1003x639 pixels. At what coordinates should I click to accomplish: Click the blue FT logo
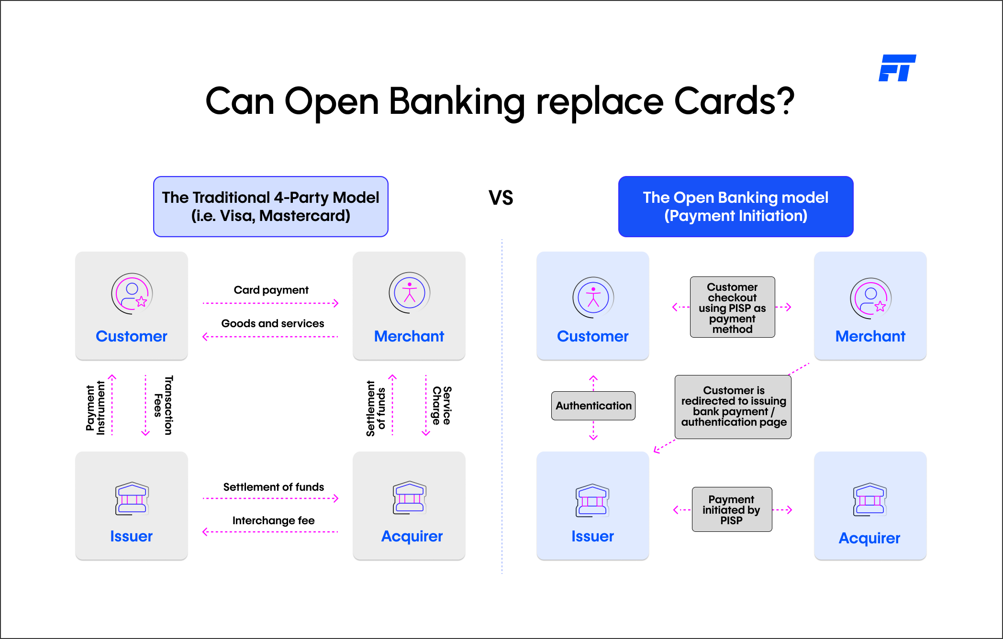897,68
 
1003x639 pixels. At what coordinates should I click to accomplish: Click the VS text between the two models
501,198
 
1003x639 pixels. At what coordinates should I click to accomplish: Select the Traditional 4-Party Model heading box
271,207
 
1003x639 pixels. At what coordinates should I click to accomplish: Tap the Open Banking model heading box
736,207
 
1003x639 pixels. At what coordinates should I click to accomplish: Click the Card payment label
271,290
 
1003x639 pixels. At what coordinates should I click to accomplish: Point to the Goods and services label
273,323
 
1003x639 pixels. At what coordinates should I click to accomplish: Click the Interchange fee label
274,520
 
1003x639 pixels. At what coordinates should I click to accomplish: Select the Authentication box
593,406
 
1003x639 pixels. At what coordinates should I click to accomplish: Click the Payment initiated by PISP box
732,509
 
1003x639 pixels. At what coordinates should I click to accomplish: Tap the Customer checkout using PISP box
733,307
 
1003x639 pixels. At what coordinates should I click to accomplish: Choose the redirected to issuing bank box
733,407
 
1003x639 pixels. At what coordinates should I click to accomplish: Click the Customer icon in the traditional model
132,294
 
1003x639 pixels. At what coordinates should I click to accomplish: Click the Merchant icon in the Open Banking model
871,298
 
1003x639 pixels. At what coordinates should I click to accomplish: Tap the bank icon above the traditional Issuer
132,498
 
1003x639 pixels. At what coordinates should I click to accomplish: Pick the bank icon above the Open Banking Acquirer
870,499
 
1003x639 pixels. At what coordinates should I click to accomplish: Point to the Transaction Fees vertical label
163,405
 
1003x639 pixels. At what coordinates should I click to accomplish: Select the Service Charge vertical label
442,406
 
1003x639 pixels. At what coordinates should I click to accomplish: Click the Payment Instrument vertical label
95,408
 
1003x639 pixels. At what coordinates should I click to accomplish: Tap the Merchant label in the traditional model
409,336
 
